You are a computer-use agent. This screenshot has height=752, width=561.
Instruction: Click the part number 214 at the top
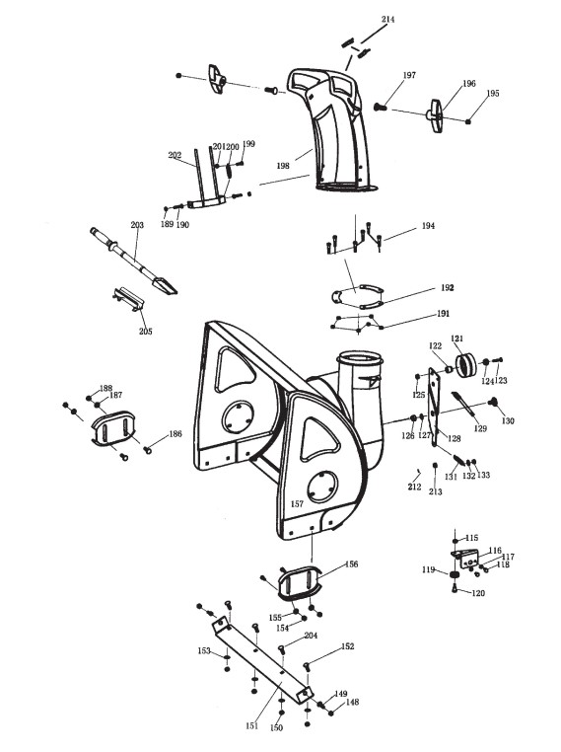tap(387, 19)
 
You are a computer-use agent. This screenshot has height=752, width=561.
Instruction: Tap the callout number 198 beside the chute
tap(283, 166)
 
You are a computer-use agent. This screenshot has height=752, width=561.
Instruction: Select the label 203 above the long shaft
tap(137, 224)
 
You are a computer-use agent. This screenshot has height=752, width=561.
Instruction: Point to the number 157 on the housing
tap(297, 504)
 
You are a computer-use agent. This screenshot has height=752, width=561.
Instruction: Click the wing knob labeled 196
tap(436, 115)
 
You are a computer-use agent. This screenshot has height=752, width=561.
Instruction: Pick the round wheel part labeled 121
tap(464, 365)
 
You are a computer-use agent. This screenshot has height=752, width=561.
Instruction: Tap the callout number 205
tap(146, 332)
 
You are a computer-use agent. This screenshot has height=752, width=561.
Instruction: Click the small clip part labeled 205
tap(128, 298)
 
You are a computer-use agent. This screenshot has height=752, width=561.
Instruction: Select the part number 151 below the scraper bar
tap(252, 726)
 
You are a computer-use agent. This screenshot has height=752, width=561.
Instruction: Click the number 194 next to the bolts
tap(428, 225)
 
